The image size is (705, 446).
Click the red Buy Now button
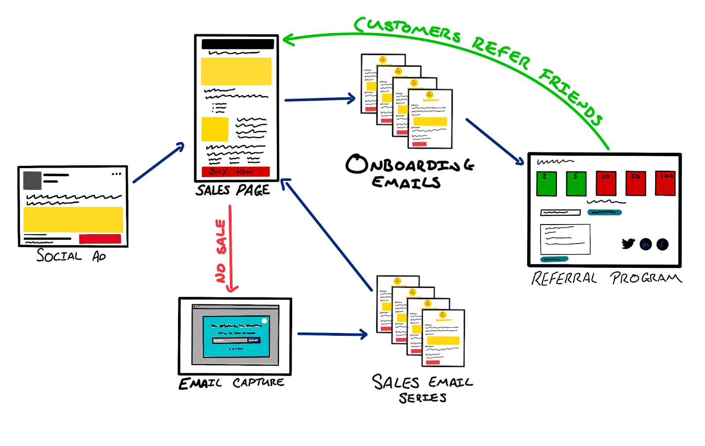click(x=235, y=172)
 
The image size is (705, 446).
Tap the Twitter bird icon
click(x=628, y=244)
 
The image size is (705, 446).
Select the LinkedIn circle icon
click(x=646, y=244)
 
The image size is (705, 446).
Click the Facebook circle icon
click(x=662, y=244)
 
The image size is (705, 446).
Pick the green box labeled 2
click(x=546, y=184)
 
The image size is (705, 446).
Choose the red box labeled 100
click(x=665, y=183)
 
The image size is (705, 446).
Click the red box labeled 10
click(x=606, y=183)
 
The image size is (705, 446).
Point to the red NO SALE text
click(x=221, y=251)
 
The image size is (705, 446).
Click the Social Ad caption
click(x=71, y=256)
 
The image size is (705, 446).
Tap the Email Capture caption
click(x=231, y=383)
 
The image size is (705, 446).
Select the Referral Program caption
click(x=606, y=278)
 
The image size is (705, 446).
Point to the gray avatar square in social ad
click(x=33, y=180)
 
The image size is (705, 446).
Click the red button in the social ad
click(x=100, y=239)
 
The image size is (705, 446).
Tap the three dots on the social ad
click(x=116, y=174)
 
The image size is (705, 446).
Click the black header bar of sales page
click(x=237, y=44)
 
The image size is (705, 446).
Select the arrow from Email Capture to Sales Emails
click(x=332, y=334)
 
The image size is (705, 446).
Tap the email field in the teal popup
click(x=230, y=340)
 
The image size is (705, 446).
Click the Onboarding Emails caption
click(x=409, y=172)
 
